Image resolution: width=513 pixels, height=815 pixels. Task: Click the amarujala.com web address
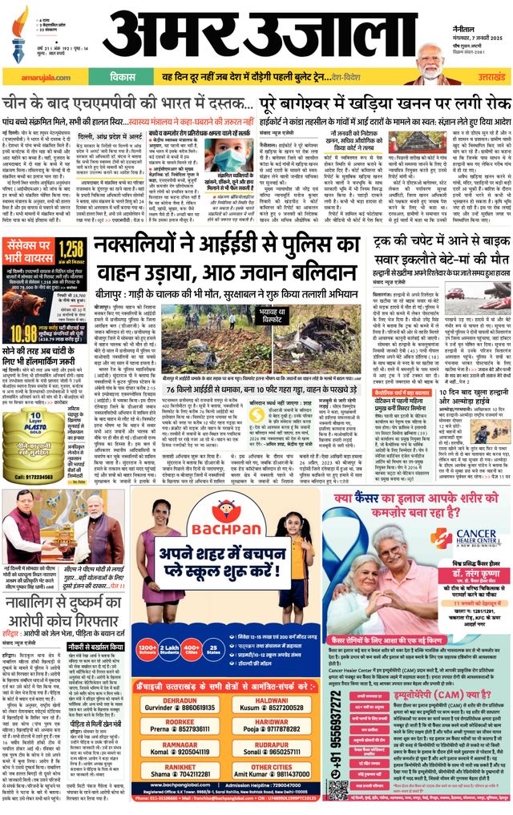click(31, 77)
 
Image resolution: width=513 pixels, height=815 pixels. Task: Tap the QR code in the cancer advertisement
click(337, 790)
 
